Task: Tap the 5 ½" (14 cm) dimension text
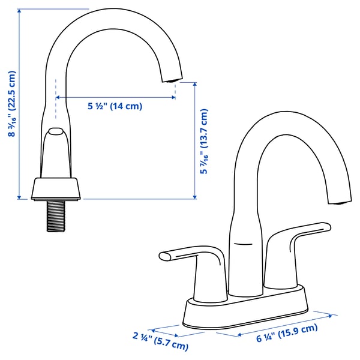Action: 115,106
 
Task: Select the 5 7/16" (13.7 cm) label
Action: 204,142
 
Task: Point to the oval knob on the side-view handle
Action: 56,132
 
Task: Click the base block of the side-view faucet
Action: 56,188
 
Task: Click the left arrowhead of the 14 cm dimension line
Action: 59,97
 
